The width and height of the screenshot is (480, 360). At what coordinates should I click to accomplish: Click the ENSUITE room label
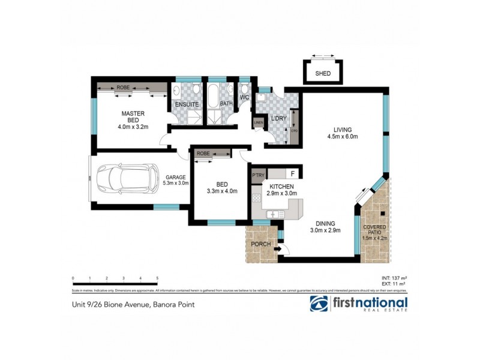[x=187, y=104]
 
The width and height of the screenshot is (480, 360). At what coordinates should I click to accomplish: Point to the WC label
[x=245, y=97]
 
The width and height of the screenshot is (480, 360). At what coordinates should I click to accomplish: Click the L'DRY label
[x=278, y=118]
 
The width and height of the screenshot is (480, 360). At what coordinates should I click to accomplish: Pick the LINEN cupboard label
[x=259, y=122]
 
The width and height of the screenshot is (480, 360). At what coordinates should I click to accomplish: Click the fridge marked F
[x=292, y=174]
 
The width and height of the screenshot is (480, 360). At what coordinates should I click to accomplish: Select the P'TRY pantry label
[x=259, y=175]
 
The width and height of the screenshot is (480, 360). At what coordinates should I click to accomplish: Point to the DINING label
[x=325, y=223]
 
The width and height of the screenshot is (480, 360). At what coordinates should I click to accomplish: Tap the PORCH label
[x=260, y=244]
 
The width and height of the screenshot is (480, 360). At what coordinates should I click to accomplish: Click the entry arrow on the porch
[x=277, y=247]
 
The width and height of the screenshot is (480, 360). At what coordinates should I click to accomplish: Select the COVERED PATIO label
[x=375, y=230]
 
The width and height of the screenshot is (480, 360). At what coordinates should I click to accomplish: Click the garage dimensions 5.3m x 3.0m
[x=176, y=183]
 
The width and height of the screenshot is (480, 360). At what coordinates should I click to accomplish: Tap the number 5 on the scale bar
[x=157, y=279]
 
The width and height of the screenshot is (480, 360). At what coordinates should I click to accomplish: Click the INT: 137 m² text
[x=394, y=278]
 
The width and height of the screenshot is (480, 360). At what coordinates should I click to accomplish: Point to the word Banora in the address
[x=164, y=305]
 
